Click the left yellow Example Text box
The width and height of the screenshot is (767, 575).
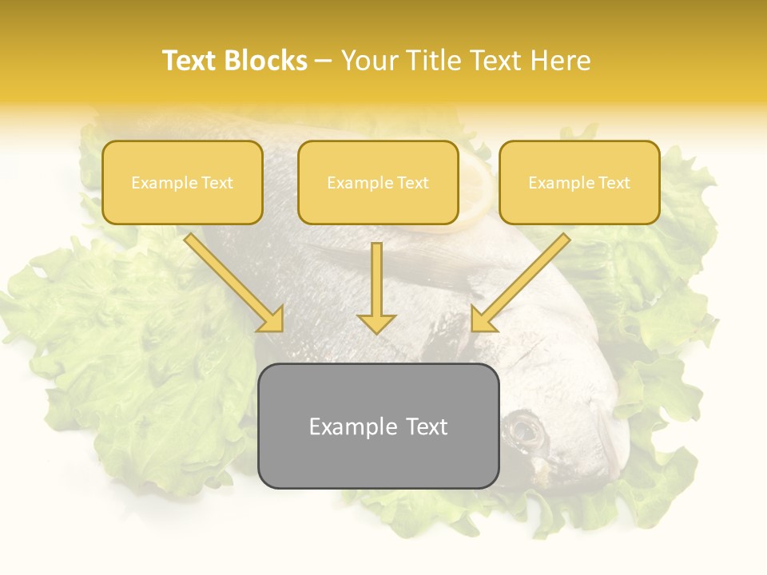point(182,183)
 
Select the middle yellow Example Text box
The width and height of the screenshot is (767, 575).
point(378,183)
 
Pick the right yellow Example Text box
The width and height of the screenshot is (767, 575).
point(579,183)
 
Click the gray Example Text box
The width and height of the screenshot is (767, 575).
point(379,426)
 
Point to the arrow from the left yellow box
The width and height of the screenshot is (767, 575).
point(235,283)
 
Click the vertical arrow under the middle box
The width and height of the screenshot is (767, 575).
point(376,287)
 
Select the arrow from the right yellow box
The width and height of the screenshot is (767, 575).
point(520,283)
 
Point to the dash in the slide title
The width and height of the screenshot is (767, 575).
point(324,61)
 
